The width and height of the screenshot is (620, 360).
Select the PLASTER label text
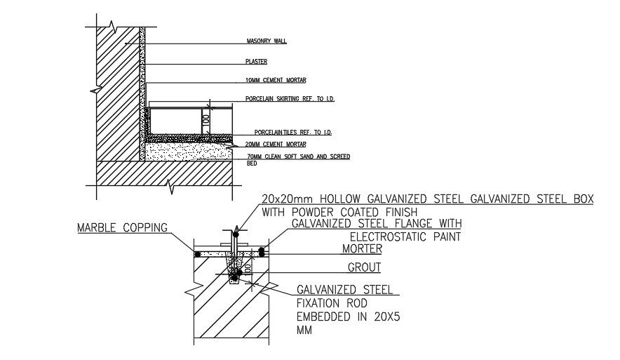(x=257, y=62)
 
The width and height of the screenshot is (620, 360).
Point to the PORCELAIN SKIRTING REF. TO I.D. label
(x=290, y=100)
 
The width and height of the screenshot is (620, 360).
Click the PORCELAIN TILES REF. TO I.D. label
(x=293, y=133)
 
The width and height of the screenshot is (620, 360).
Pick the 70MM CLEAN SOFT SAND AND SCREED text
(x=298, y=156)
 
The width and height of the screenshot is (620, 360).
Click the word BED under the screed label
(x=252, y=164)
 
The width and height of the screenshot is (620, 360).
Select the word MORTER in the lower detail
(x=361, y=248)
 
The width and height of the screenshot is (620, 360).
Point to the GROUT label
(x=364, y=267)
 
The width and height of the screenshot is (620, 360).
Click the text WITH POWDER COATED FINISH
(x=339, y=211)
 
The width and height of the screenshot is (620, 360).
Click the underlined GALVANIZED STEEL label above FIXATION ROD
(x=344, y=290)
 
